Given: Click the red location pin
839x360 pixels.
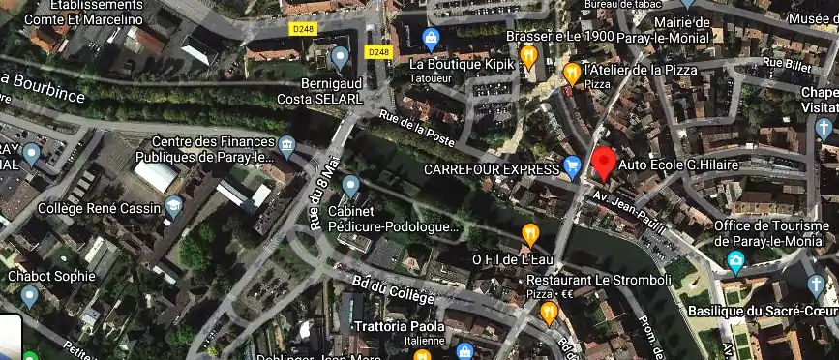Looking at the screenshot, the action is point(604,163).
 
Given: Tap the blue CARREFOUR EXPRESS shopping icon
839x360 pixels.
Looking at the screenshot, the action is point(572,166).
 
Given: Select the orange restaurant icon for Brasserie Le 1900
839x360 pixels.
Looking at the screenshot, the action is point(528,56).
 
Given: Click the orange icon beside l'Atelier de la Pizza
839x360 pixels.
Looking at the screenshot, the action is point(572,72).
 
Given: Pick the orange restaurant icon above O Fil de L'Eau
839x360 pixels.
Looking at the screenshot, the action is point(530,233).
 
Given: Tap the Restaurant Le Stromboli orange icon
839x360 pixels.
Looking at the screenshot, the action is point(550,312).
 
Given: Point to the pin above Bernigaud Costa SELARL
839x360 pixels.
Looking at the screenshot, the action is point(340,57).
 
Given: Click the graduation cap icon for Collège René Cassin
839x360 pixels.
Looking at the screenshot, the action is point(173,205).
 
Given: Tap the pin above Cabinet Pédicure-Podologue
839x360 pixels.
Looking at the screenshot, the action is point(350,184).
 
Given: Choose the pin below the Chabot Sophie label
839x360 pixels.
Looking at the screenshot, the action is point(29,294).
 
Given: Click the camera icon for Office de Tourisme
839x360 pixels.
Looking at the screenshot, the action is point(736,261).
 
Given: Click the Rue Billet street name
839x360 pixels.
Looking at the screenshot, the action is point(785,64).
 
